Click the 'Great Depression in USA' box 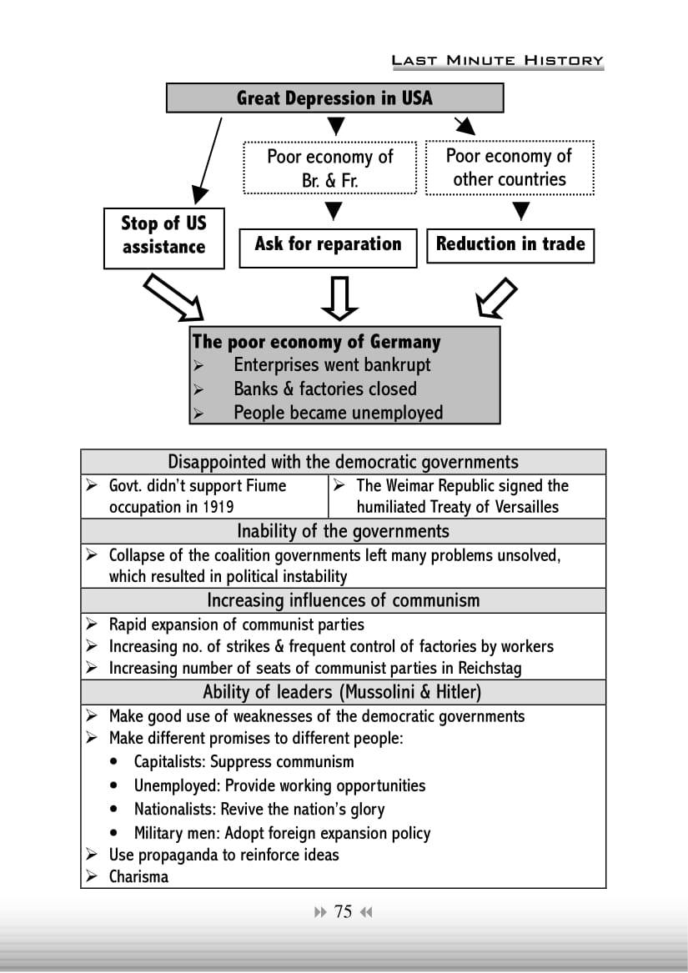(x=334, y=98)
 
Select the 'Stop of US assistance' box (x=163, y=237)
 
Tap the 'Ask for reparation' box (x=328, y=245)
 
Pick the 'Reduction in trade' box (x=510, y=244)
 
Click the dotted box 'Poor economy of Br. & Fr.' (x=329, y=168)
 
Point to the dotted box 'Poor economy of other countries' (x=510, y=168)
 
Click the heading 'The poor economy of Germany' (x=316, y=342)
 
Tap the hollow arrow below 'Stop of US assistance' (x=174, y=298)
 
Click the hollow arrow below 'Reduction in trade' (x=495, y=298)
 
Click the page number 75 (x=343, y=911)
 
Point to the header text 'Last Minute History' (x=497, y=60)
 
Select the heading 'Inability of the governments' (x=343, y=531)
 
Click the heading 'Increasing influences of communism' (x=343, y=600)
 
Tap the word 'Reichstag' (x=490, y=668)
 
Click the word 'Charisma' (x=138, y=876)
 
